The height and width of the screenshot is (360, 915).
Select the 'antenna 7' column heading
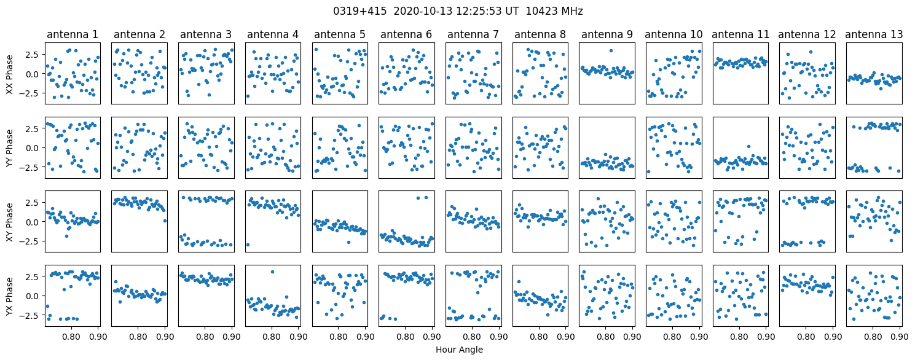(473, 34)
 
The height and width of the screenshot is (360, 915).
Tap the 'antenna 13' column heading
(874, 34)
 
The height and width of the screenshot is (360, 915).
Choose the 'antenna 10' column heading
(673, 34)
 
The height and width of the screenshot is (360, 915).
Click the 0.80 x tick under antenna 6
(405, 337)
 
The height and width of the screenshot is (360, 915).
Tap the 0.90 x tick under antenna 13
(899, 337)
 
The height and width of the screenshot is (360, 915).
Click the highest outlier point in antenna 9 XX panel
(611, 50)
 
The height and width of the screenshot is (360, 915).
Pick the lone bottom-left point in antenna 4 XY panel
(248, 245)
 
